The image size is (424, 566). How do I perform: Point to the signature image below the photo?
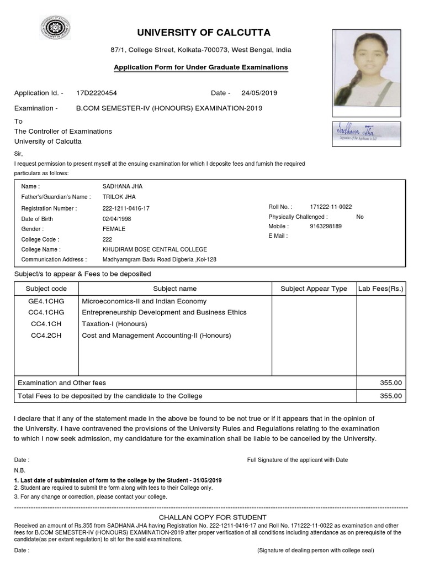(x=367, y=134)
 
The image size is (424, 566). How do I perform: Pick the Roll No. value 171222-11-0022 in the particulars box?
(x=331, y=207)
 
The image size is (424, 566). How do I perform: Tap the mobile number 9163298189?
(x=326, y=226)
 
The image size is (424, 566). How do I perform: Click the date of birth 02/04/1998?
(x=118, y=219)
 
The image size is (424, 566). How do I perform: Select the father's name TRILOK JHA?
(x=119, y=197)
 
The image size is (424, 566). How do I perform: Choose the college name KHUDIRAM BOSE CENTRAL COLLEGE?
(x=155, y=249)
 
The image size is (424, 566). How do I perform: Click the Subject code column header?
(x=46, y=289)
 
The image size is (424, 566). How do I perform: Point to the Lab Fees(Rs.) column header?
(x=381, y=289)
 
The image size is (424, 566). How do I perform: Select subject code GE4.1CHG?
(x=46, y=301)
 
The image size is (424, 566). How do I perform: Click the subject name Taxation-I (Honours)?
(x=114, y=324)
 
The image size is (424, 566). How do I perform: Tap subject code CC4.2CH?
(x=46, y=336)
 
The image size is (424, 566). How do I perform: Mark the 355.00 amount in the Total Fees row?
(x=391, y=396)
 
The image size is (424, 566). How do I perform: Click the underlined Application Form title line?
(x=200, y=67)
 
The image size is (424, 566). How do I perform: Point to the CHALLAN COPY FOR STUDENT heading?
(x=213, y=517)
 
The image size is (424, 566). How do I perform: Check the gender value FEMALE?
(x=114, y=229)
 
